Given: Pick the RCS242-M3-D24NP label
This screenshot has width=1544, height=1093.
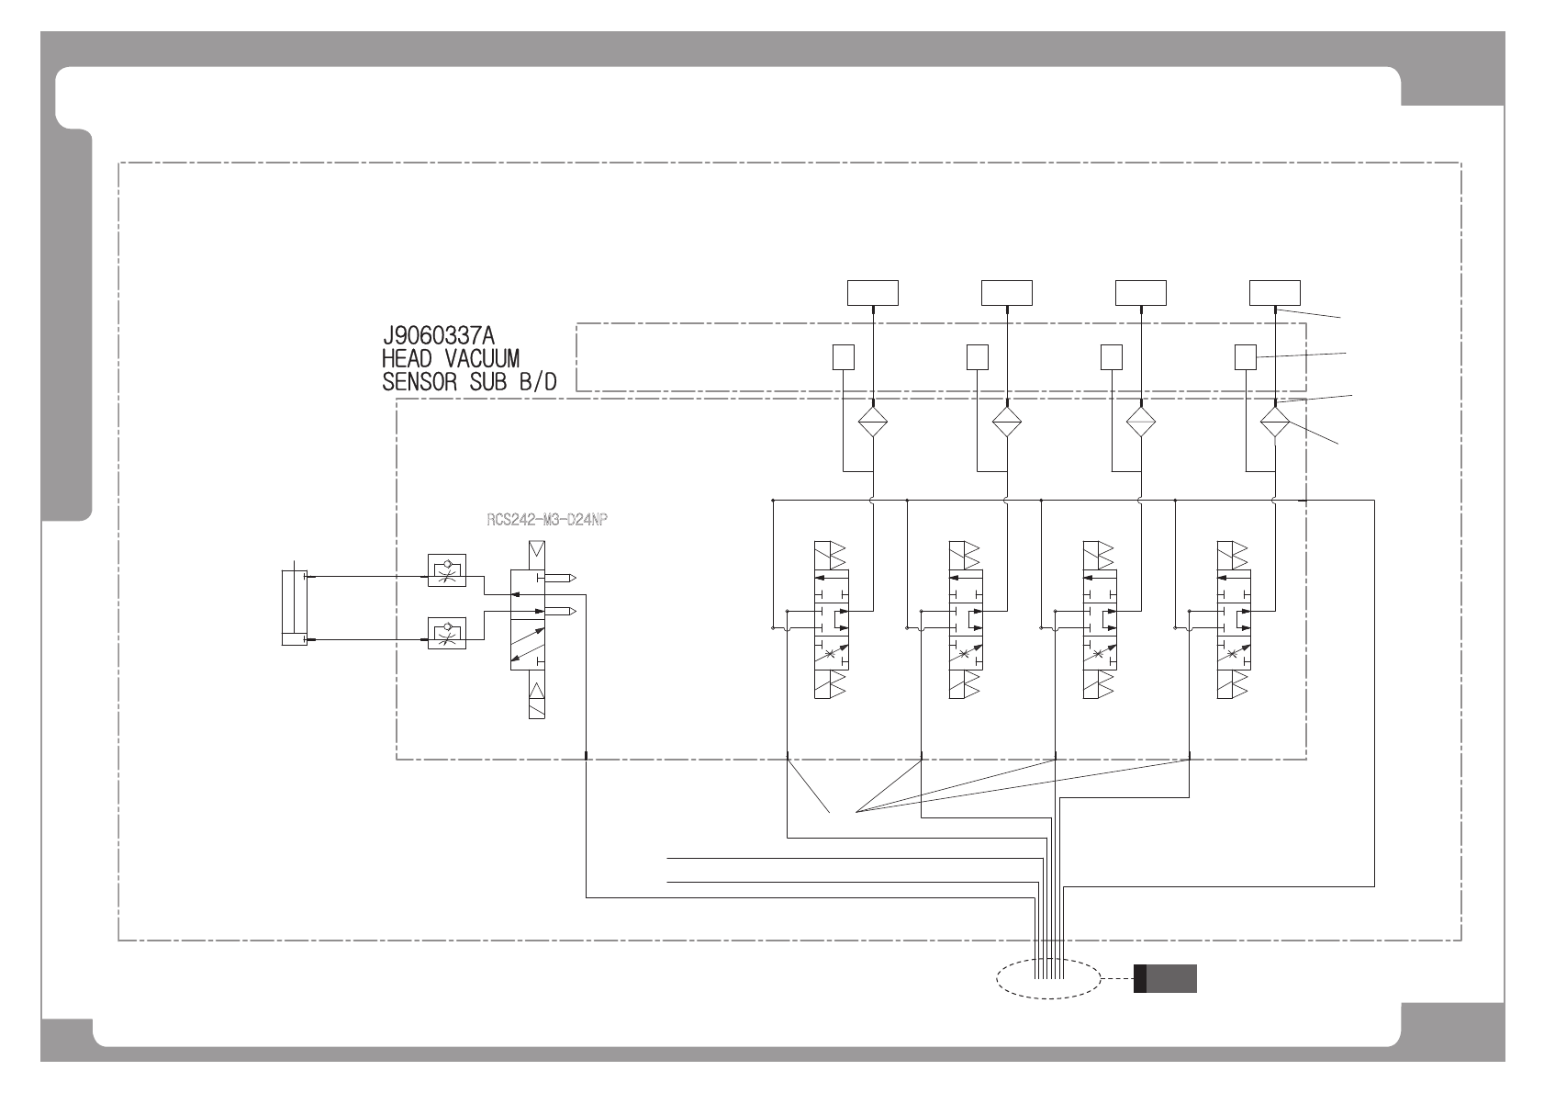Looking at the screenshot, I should pos(547,519).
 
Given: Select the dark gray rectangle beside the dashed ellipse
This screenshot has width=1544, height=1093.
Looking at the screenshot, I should pos(1166,979).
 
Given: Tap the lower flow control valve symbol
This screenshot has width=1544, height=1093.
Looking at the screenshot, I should pos(448,633).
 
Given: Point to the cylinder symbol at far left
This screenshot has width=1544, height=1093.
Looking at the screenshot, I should pos(293,607).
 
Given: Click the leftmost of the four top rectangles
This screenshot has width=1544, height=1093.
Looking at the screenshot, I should pos(872,293).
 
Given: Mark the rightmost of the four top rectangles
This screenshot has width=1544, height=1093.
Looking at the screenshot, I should pos(1275,293).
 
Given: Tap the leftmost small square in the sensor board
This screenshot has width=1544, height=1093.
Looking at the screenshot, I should pos(843,356).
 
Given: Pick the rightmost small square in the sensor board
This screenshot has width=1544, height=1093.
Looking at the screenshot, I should pos(1246,356).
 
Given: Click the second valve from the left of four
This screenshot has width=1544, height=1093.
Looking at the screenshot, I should pos(965,620).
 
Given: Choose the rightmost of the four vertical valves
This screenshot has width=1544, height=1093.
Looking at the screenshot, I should pos(1233,620).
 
